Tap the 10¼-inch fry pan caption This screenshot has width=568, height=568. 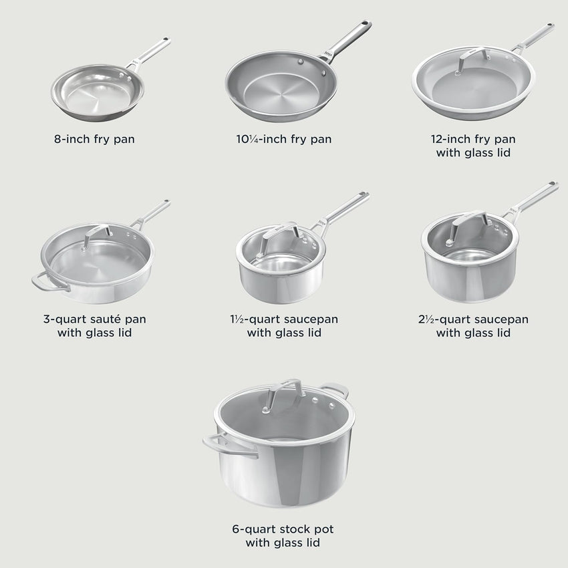point(283,140)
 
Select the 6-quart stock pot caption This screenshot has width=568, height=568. point(283,536)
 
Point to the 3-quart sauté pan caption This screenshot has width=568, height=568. point(94,325)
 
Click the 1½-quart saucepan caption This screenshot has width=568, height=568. point(283,325)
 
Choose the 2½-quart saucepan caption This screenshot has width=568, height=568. point(473,325)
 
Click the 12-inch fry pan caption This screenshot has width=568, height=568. point(473,146)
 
